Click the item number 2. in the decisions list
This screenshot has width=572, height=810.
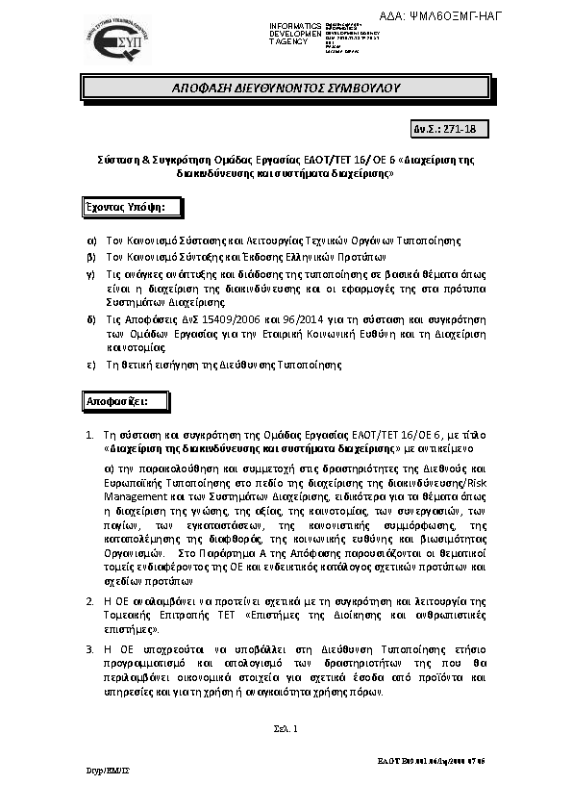point(89,601)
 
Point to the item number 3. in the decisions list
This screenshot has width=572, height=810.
point(89,650)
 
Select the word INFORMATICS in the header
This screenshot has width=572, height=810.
point(294,23)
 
